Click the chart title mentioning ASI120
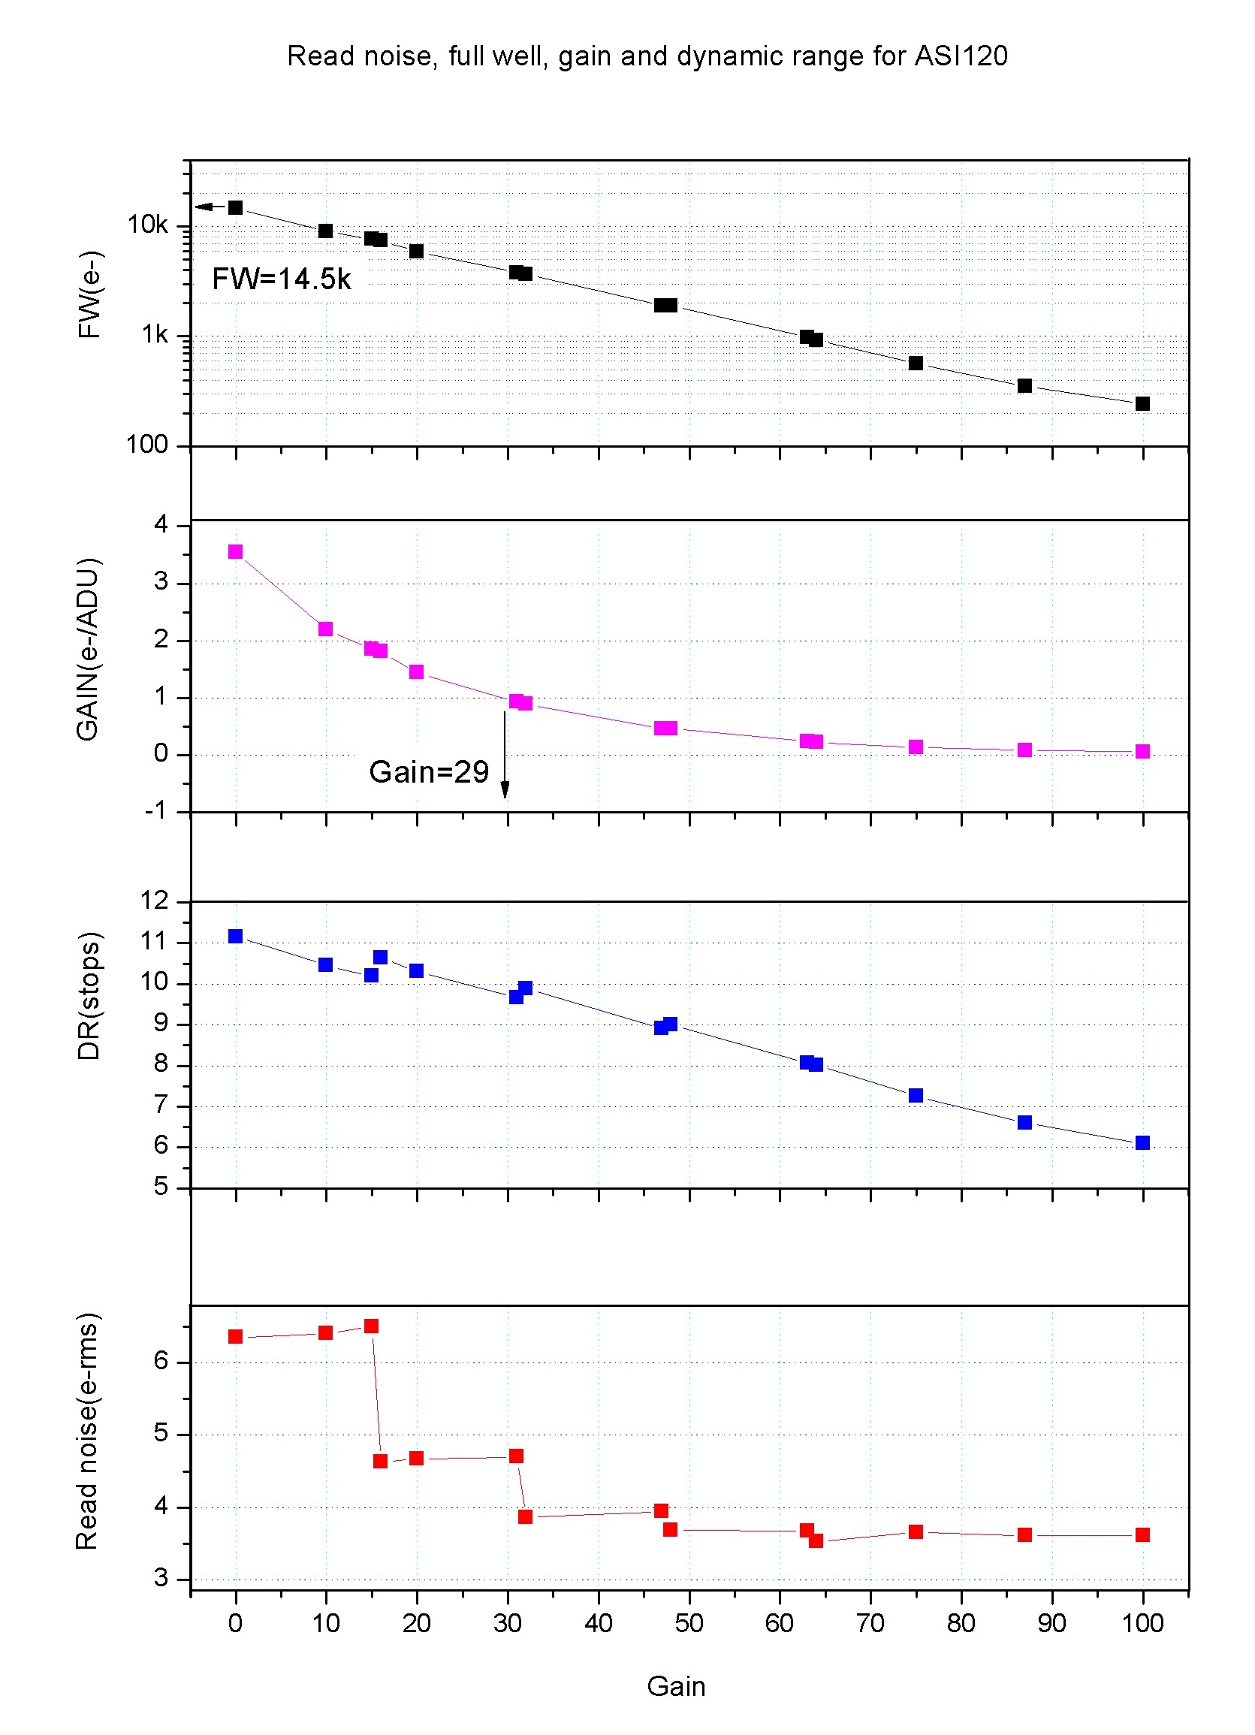click(x=647, y=56)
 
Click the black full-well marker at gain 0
click(x=236, y=207)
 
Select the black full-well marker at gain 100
click(x=1142, y=403)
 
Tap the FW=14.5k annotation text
click(x=282, y=279)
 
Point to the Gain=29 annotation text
click(x=428, y=772)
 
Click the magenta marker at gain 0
click(x=236, y=551)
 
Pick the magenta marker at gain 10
click(x=326, y=629)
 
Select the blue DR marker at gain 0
click(x=236, y=937)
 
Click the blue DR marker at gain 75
click(x=916, y=1096)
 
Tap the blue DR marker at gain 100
click(x=1142, y=1142)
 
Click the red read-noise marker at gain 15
click(x=371, y=1326)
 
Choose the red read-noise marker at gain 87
click(x=1024, y=1534)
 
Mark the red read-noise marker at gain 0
click(x=236, y=1336)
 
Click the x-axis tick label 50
click(x=689, y=1623)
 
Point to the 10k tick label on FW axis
click(x=148, y=225)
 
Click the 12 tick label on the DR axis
click(x=154, y=901)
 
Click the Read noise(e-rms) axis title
click(x=87, y=1432)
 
